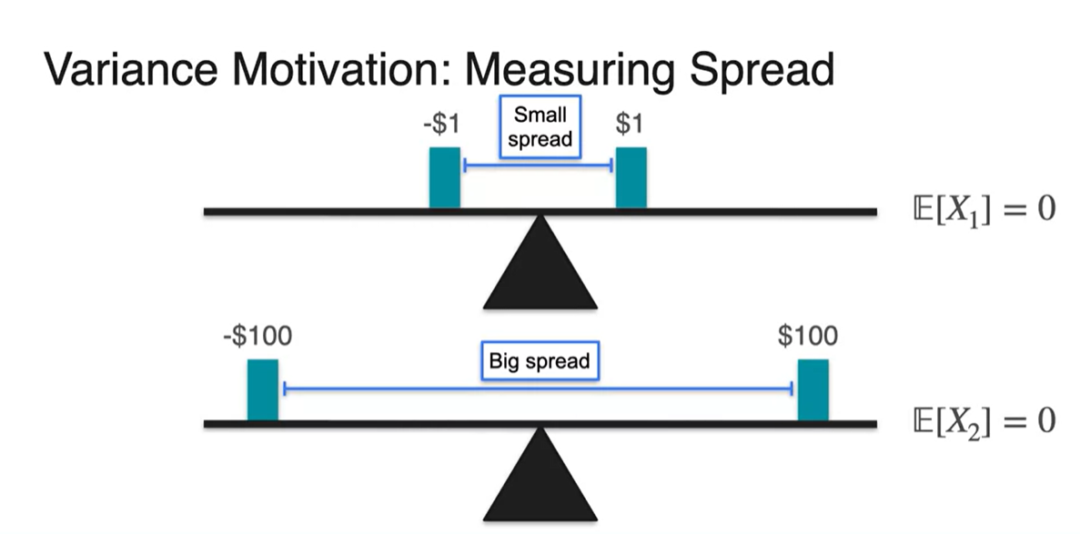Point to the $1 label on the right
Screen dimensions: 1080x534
(629, 124)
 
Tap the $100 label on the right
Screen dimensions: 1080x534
(808, 337)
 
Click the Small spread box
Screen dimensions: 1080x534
(540, 127)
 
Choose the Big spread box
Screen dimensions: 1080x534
(540, 361)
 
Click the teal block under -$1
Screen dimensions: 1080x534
(445, 176)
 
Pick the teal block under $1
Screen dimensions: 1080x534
(631, 176)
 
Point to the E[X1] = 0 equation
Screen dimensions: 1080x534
(983, 210)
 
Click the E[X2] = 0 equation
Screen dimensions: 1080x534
(983, 421)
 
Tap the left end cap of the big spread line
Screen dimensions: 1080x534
(285, 388)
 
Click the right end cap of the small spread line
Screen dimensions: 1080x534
(612, 165)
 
